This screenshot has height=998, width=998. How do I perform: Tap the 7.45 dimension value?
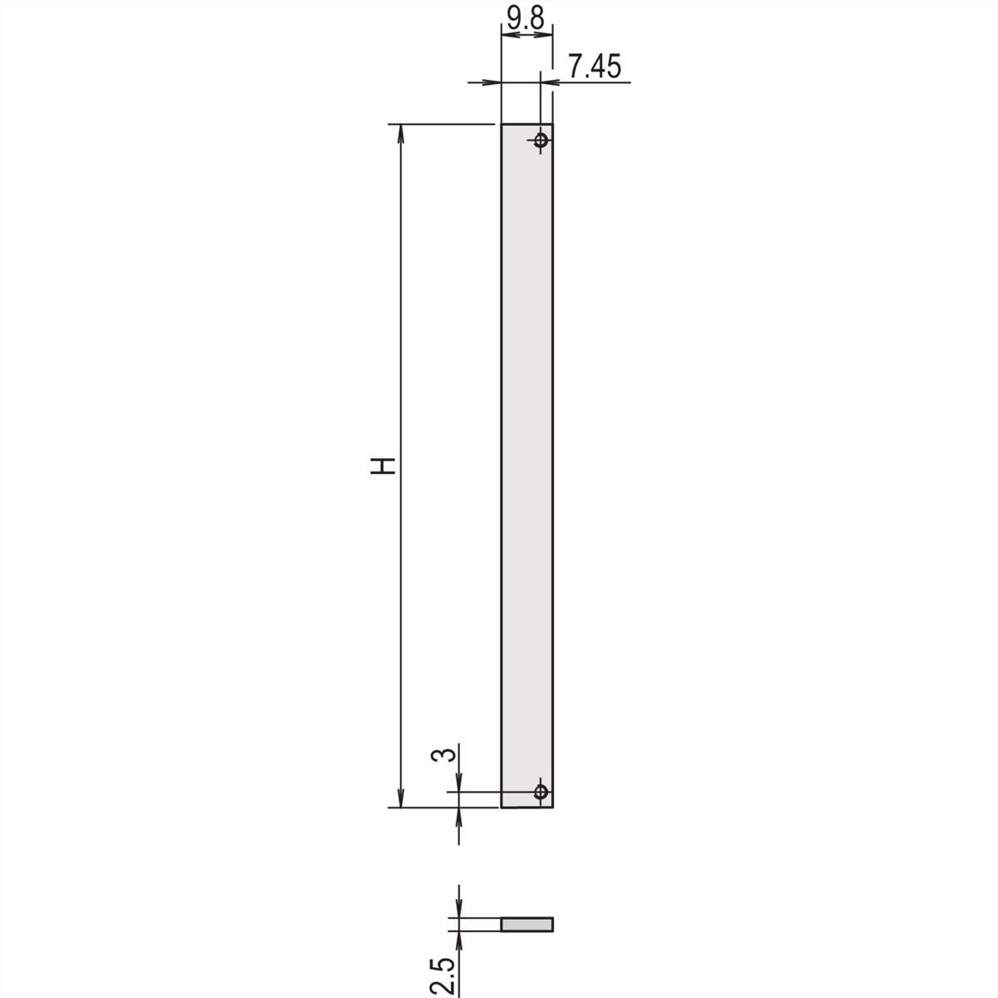[594, 67]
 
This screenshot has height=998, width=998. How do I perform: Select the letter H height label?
[383, 466]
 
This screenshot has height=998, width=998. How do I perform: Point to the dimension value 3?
[445, 754]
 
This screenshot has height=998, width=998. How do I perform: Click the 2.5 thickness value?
[445, 975]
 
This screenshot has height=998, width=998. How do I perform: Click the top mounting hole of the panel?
[541, 140]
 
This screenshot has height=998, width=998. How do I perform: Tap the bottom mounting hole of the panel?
[541, 792]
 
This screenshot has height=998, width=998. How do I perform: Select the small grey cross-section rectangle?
[526, 925]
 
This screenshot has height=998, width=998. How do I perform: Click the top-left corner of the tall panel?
[501, 124]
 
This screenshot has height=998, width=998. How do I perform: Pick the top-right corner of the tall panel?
[553, 124]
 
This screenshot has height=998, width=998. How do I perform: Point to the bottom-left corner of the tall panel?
[501, 808]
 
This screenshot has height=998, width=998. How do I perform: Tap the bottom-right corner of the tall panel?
[553, 808]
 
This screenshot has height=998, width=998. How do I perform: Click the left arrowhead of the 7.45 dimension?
[493, 82]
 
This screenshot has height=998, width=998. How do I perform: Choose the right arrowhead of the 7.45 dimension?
[549, 82]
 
